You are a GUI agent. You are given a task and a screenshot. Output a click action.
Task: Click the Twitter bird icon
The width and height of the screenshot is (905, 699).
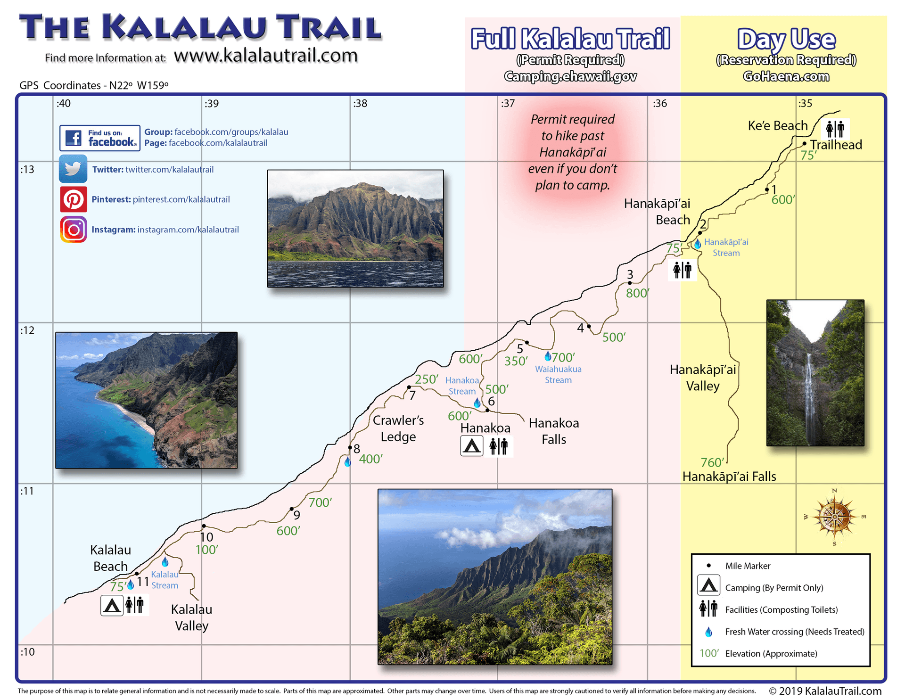(x=73, y=169)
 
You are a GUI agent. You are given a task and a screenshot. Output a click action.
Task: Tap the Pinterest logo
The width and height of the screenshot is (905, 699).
(x=73, y=199)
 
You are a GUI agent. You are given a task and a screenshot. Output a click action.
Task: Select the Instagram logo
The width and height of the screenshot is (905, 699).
(x=73, y=230)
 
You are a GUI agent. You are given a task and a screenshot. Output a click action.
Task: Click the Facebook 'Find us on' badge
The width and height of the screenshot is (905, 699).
(x=100, y=138)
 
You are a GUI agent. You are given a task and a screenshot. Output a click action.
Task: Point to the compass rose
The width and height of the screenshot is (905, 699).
(x=834, y=517)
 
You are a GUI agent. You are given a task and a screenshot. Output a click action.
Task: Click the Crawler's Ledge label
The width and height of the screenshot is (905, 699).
(x=398, y=428)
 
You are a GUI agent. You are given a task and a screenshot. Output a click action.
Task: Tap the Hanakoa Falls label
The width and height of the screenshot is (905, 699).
(x=553, y=431)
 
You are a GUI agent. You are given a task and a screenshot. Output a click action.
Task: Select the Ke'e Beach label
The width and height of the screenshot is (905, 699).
(x=777, y=126)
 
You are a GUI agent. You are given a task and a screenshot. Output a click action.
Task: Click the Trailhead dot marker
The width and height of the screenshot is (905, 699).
(x=804, y=144)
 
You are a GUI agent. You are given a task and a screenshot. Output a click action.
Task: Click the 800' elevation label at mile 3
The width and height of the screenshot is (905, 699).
(x=637, y=293)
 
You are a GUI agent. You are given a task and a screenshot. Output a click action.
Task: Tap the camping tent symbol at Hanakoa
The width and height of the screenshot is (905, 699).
(x=471, y=446)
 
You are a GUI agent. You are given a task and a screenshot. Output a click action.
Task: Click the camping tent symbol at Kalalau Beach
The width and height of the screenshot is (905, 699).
(x=112, y=605)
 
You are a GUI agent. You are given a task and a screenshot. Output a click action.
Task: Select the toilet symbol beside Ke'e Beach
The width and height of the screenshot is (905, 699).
(x=835, y=129)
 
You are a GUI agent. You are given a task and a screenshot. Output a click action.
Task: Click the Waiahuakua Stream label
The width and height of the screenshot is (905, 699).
(x=558, y=375)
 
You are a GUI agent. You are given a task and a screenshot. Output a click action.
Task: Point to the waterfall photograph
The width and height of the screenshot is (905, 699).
(x=815, y=372)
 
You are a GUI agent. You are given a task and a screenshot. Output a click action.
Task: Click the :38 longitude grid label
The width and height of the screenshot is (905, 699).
(x=360, y=104)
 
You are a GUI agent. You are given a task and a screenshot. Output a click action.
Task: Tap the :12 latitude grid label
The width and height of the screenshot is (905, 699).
(x=27, y=330)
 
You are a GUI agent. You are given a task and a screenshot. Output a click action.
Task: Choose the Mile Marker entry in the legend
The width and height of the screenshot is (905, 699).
(x=747, y=566)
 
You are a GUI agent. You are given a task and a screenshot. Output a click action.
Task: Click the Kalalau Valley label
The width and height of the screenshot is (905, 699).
(x=191, y=617)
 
